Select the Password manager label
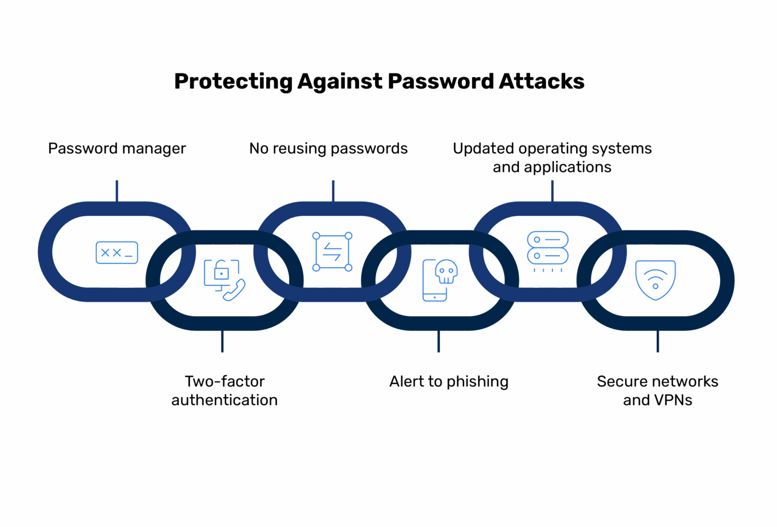(x=117, y=149)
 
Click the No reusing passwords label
(x=328, y=149)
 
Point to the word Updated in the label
(x=483, y=149)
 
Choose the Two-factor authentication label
(x=224, y=390)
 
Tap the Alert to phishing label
(x=449, y=382)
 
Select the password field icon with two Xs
(x=117, y=253)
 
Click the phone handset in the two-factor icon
(x=235, y=290)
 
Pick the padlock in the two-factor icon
(x=222, y=272)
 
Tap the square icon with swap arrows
(x=332, y=252)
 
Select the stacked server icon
(x=548, y=248)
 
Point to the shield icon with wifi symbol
(x=655, y=280)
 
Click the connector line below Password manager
(x=117, y=191)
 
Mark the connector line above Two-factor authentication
(x=222, y=341)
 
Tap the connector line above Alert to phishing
(x=439, y=341)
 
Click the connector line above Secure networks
(x=658, y=341)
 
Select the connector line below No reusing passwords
(x=333, y=191)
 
